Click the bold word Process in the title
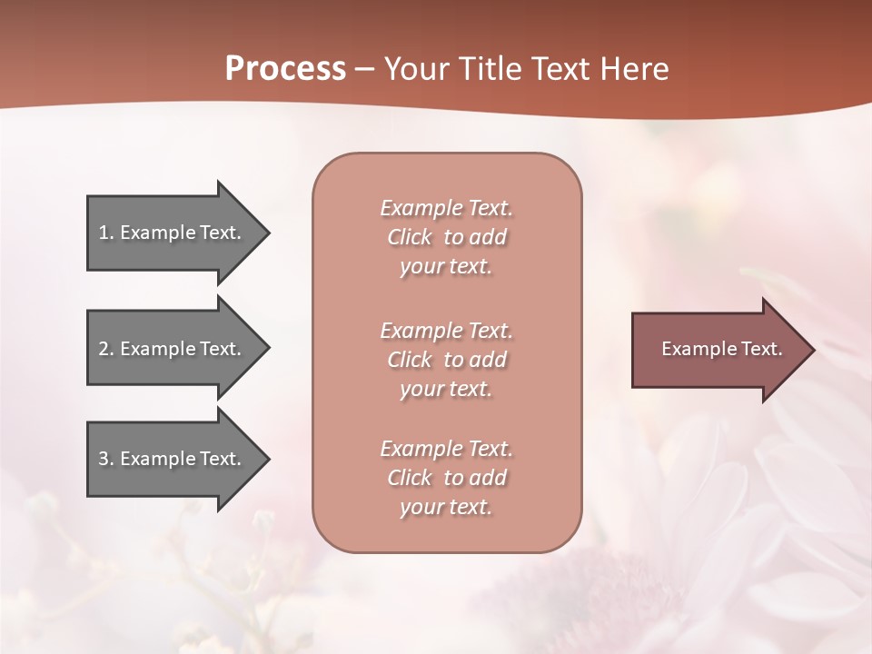pyautogui.click(x=285, y=69)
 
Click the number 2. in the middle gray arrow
pyautogui.click(x=106, y=349)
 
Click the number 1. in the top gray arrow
pyautogui.click(x=105, y=233)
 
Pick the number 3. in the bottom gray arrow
pyautogui.click(x=106, y=459)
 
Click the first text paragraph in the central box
pyautogui.click(x=446, y=237)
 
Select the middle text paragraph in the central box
pyautogui.click(x=446, y=360)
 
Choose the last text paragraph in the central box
pyautogui.click(x=446, y=478)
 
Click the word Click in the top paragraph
pyautogui.click(x=410, y=237)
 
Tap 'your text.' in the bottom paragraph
pyautogui.click(x=446, y=507)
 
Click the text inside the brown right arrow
pyautogui.click(x=722, y=349)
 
